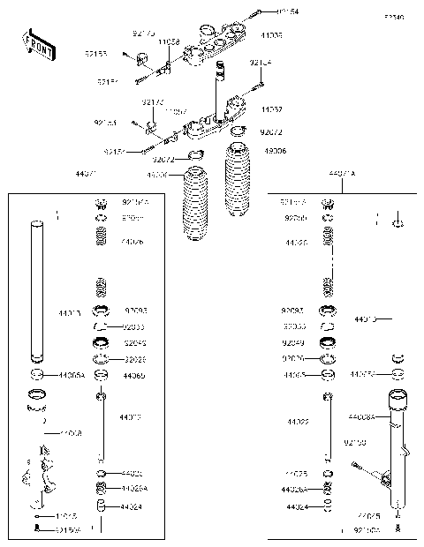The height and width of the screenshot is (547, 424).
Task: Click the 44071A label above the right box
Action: [x=341, y=175]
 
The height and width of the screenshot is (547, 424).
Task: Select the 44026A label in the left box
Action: [x=133, y=488]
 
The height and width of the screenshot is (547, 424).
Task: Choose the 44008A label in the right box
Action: [x=361, y=416]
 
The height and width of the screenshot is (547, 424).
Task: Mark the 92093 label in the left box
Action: [x=135, y=311]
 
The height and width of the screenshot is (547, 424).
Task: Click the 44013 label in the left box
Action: [x=69, y=312]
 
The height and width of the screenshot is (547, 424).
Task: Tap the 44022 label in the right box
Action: [x=298, y=422]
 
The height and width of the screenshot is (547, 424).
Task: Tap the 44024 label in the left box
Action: [x=131, y=506]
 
